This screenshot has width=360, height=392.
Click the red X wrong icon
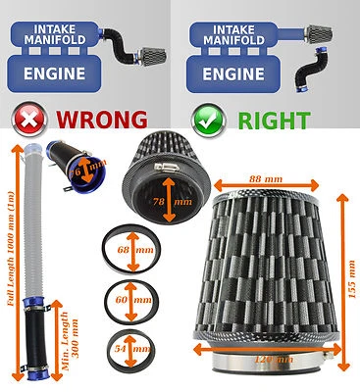[26, 122]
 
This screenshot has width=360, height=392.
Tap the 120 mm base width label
[273, 359]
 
